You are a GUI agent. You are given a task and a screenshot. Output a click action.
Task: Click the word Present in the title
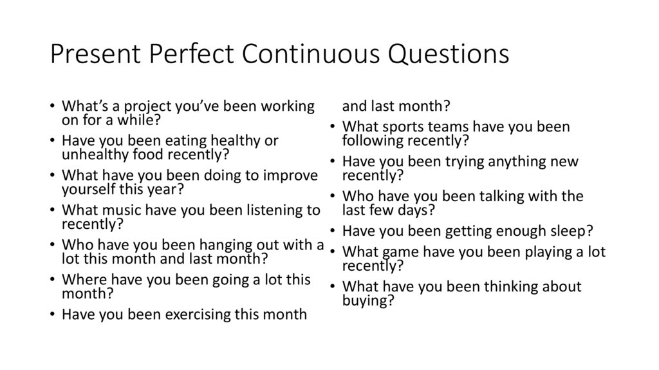(x=95, y=55)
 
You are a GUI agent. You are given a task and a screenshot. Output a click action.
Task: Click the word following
(x=373, y=140)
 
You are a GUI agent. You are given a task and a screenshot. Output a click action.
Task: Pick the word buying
(x=367, y=300)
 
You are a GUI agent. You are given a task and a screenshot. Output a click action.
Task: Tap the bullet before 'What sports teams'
(x=332, y=127)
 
